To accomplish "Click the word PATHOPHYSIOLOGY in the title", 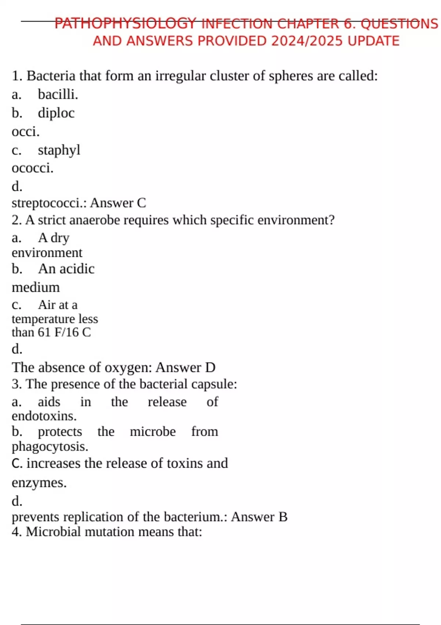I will click(125, 24).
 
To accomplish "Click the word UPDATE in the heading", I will click(373, 41).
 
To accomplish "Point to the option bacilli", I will click(58, 94).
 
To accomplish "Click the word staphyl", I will click(59, 150).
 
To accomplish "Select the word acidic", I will click(77, 269).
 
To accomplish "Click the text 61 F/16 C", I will click(64, 332).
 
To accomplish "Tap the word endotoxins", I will click(44, 416).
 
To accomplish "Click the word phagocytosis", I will click(50, 447).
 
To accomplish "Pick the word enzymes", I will click(39, 483).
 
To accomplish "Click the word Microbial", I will click(53, 532).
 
